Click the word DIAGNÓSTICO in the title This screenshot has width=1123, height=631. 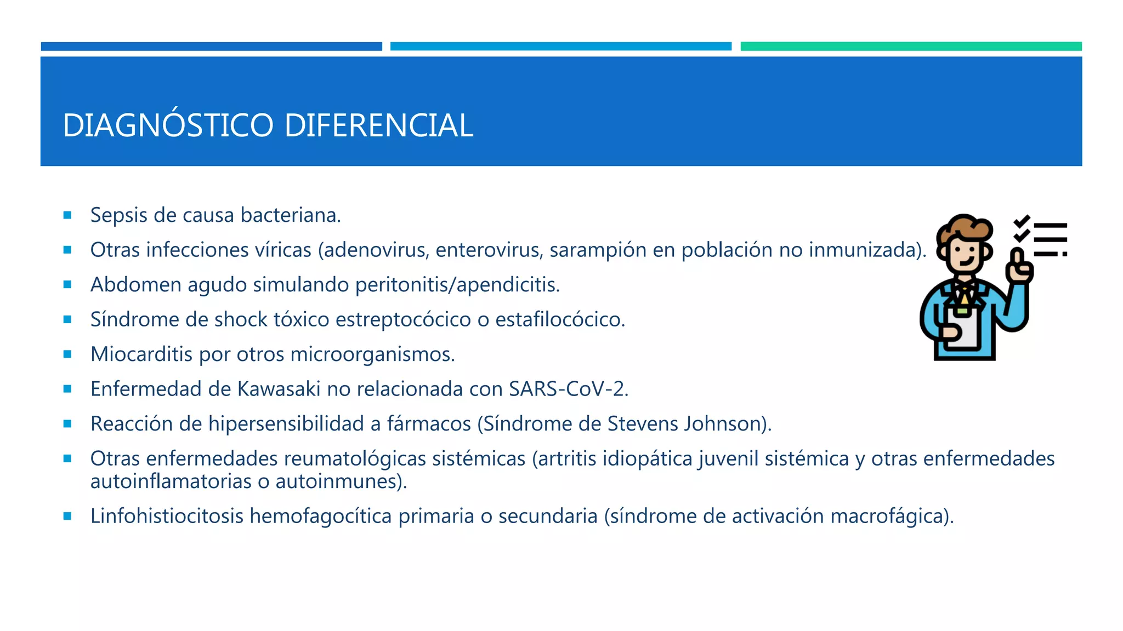click(x=168, y=125)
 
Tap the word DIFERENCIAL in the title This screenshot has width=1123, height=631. click(x=378, y=125)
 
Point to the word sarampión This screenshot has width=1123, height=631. click(x=598, y=250)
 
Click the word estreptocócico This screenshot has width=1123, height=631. click(x=403, y=319)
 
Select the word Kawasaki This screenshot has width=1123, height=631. click(x=279, y=389)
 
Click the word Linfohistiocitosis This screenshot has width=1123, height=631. click(x=167, y=516)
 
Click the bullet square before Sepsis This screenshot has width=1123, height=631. click(x=67, y=215)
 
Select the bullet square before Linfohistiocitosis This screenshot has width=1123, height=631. click(x=67, y=516)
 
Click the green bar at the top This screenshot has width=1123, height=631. click(x=911, y=47)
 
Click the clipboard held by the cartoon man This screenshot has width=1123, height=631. click(x=963, y=329)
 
